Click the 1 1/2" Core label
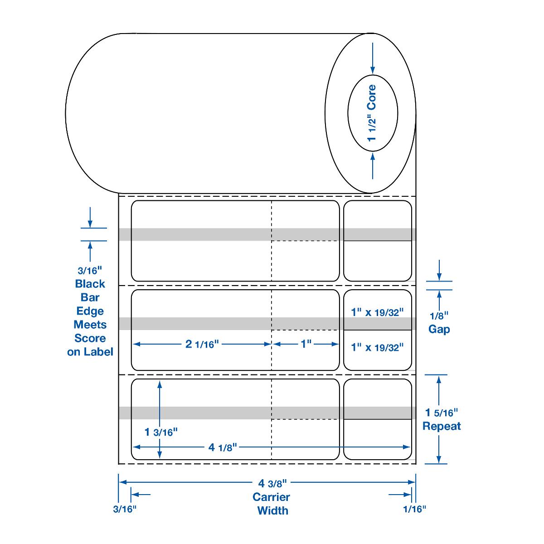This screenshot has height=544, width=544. [x=372, y=112]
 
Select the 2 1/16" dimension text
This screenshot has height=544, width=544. [x=202, y=344]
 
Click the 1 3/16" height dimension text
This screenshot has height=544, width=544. [x=161, y=432]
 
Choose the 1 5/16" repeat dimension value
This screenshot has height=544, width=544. [x=442, y=413]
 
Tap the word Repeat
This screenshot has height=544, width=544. [x=442, y=426]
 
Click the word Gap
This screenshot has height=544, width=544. [x=439, y=329]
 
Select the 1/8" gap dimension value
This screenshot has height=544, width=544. [x=439, y=316]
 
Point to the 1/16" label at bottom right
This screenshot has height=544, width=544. [x=415, y=509]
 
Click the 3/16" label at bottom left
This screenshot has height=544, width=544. [x=125, y=509]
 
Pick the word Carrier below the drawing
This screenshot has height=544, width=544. [x=272, y=497]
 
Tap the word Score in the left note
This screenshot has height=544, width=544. [x=90, y=338]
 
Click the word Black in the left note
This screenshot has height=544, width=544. [x=90, y=284]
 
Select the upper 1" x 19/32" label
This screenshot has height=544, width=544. [x=378, y=312]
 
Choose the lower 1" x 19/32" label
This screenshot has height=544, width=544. [x=378, y=347]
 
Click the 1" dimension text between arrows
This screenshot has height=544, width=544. [x=306, y=344]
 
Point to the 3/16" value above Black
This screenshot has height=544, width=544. [x=90, y=271]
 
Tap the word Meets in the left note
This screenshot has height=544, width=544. [x=90, y=325]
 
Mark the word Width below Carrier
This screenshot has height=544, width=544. [x=272, y=510]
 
